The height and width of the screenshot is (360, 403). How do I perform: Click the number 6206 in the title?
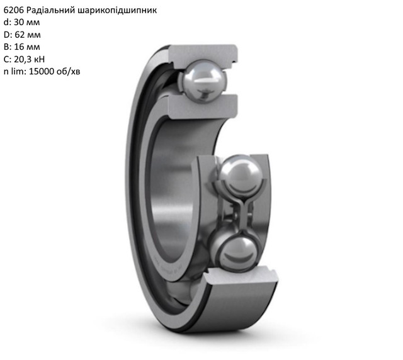coord(14,10)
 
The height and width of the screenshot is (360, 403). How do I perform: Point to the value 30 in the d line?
coord(19,23)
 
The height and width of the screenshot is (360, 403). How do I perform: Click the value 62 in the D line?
coord(20,35)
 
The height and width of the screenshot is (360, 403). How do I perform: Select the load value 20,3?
coord(23,60)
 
